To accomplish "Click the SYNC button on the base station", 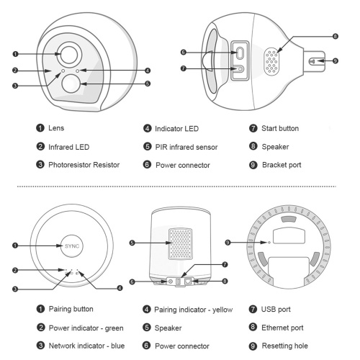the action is [72, 246].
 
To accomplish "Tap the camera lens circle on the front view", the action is [69, 55].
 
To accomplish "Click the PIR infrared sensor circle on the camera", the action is [71, 84].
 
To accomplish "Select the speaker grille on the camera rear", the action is [271, 61].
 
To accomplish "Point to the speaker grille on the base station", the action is [181, 244].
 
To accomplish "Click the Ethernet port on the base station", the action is [188, 281].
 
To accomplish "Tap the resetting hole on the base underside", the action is [269, 243].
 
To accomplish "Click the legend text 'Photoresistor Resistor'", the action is [84, 165].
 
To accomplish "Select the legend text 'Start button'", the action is [280, 128].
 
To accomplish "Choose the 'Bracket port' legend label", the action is [282, 165].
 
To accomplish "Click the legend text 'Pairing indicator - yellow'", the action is [194, 310].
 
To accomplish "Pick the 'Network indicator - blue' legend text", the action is [86, 346].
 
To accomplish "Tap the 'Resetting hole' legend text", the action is [285, 346].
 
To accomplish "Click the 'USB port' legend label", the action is [276, 309].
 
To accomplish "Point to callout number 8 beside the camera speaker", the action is [336, 37].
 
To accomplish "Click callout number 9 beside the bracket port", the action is [336, 60].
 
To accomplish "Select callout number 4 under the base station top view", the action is [120, 288].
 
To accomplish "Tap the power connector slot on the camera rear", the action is [240, 53].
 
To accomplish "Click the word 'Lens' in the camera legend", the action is [56, 128].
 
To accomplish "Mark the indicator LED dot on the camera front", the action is [77, 71].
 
